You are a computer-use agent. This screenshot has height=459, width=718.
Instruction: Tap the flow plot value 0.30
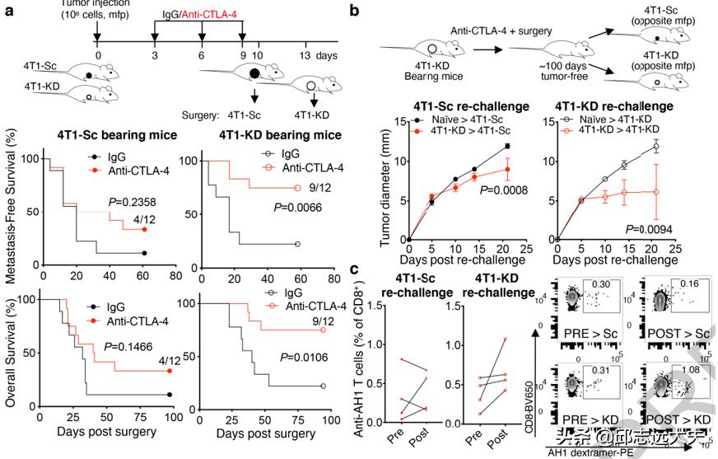tap(602, 285)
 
